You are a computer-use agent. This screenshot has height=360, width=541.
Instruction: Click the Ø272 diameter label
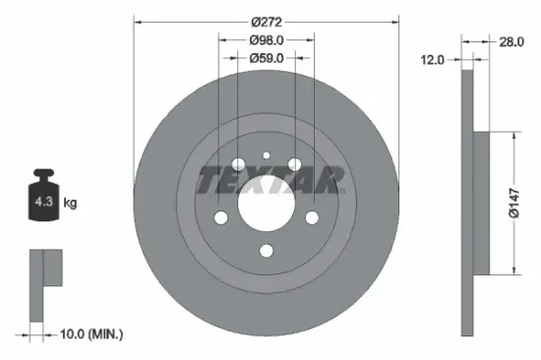point(266,21)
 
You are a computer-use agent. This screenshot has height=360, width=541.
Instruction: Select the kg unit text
point(69,204)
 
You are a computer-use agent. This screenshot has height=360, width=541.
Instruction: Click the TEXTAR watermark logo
point(271,181)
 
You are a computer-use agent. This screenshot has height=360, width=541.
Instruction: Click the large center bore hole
point(266,204)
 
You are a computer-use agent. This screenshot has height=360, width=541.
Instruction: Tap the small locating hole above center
point(266,154)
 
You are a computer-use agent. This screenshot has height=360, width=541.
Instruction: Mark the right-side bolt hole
point(312,218)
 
